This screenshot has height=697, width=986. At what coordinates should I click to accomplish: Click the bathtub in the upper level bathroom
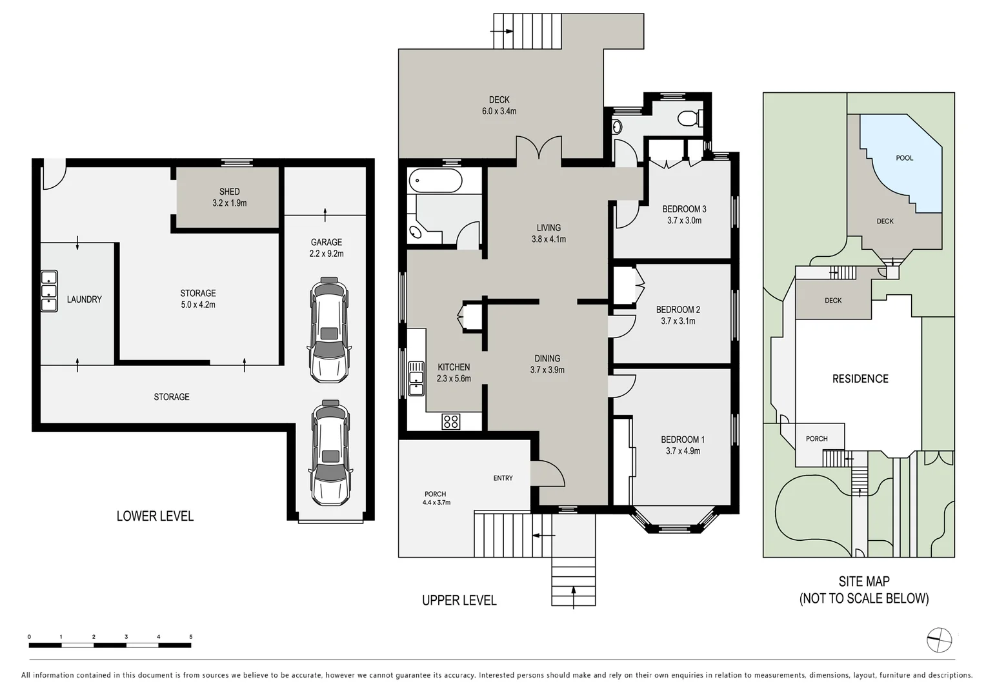(x=436, y=180)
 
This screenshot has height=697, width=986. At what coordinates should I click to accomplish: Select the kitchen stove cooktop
(x=450, y=421)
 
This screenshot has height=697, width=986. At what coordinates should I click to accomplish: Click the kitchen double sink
(x=416, y=378)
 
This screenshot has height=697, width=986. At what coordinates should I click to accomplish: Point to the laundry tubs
(x=49, y=291)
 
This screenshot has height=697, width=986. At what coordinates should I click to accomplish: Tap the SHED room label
(x=229, y=192)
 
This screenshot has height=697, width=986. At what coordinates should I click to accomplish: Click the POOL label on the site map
(x=904, y=158)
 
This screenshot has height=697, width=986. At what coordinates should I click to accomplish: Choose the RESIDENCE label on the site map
(x=860, y=379)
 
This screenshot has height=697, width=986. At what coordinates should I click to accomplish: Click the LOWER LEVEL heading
(x=155, y=516)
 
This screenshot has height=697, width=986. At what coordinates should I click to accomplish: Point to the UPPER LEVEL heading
(x=459, y=600)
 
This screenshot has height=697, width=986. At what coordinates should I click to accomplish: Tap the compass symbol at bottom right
(x=939, y=640)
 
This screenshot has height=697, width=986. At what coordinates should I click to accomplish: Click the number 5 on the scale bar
(x=190, y=637)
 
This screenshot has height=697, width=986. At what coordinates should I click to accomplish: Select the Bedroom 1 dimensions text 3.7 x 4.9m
(x=683, y=451)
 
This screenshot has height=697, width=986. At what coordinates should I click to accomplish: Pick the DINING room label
(x=547, y=358)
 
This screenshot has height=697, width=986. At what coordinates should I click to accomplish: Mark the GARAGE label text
(x=326, y=242)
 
